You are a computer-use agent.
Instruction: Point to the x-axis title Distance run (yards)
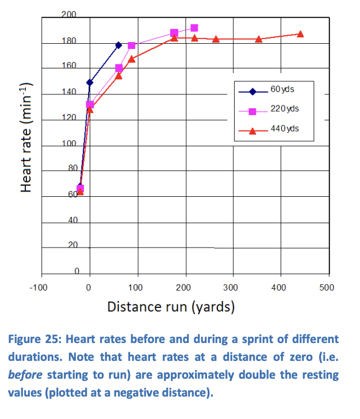[x=171, y=306]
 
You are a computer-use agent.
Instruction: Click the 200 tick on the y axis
[x=69, y=14]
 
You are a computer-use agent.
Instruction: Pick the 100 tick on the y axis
[x=69, y=143]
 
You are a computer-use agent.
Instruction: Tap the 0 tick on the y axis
[x=75, y=272]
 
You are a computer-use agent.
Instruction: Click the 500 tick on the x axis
[x=326, y=287]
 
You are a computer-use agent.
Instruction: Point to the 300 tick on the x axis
[x=231, y=287]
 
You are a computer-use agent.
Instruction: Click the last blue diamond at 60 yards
[x=118, y=45]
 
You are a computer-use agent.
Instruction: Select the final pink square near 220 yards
[x=194, y=28]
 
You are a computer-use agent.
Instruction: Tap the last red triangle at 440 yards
[x=300, y=34]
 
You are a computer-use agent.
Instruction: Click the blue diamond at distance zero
[x=90, y=82]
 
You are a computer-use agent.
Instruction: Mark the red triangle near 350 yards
[x=259, y=39]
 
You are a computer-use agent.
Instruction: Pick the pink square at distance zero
[x=90, y=105]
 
